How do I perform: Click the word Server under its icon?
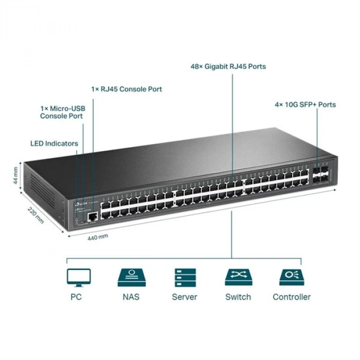click(184, 297)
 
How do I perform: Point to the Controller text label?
click(292, 297)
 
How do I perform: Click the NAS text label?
click(131, 297)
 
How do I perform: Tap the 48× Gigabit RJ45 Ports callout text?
click(228, 66)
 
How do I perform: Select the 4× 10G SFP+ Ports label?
click(305, 104)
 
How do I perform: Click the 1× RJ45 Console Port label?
click(127, 89)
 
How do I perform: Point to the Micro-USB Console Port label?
click(62, 112)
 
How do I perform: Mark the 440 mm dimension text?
click(98, 237)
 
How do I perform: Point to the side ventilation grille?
click(41, 190)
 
